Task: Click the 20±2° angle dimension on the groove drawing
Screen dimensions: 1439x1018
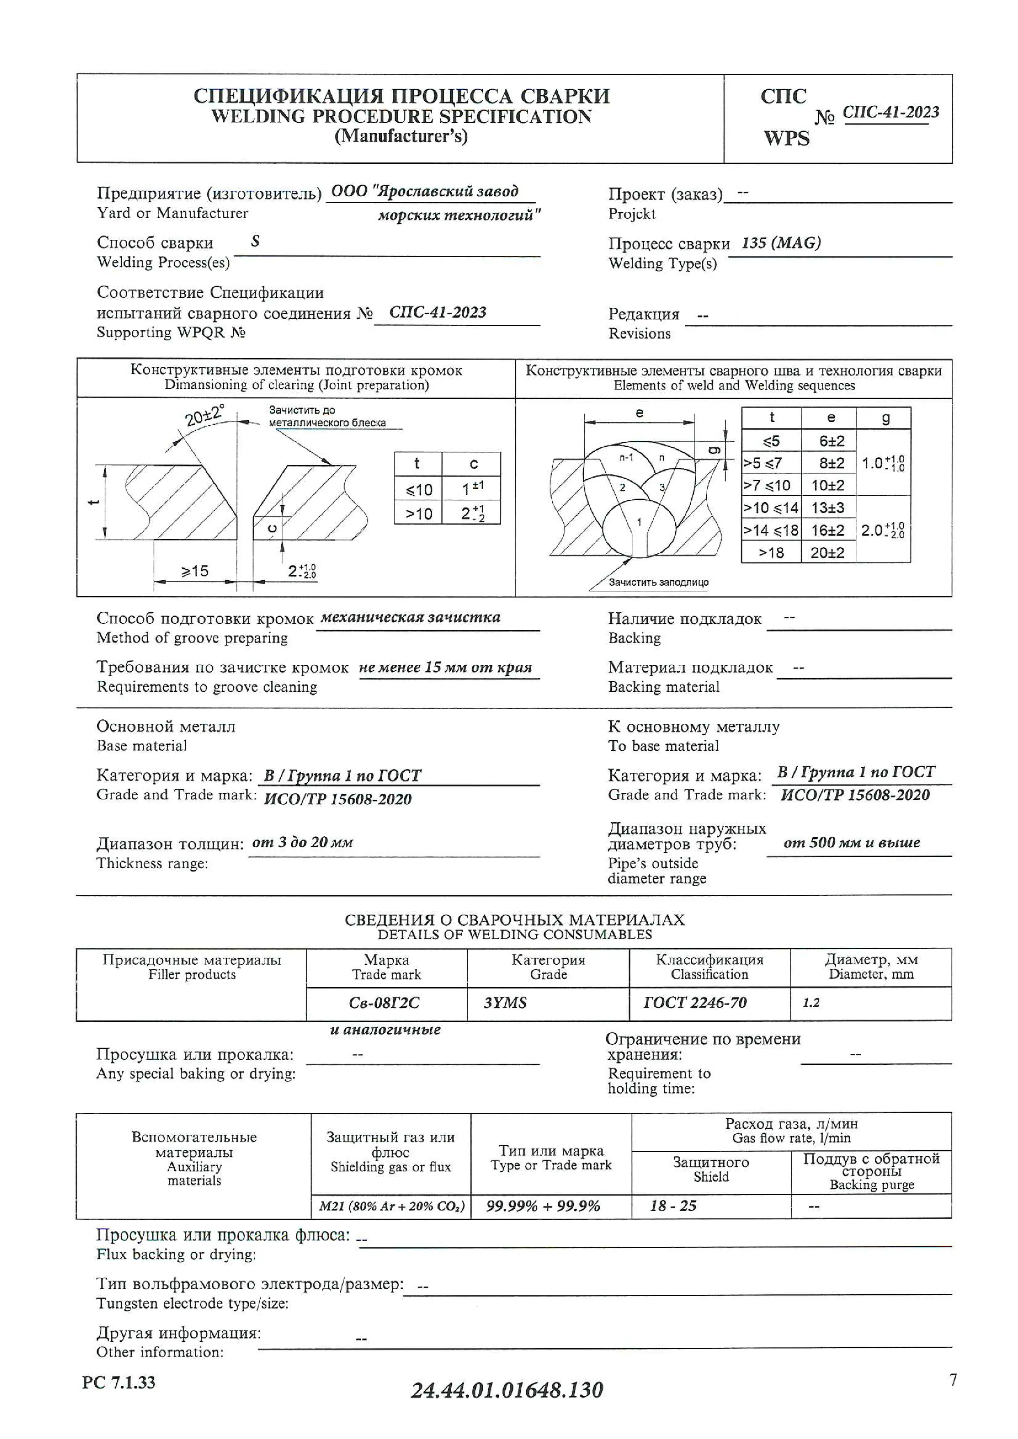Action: tap(204, 415)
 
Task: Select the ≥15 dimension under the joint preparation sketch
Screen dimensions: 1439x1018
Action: tap(195, 571)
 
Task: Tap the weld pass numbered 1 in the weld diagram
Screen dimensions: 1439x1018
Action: tap(640, 522)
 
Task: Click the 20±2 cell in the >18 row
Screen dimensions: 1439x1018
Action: tap(828, 553)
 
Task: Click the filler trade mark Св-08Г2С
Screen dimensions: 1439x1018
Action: tap(384, 1003)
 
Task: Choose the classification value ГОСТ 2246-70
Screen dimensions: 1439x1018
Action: tap(695, 1003)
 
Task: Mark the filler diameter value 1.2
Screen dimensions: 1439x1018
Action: tap(811, 1003)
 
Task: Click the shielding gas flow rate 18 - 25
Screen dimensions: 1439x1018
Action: tap(673, 1206)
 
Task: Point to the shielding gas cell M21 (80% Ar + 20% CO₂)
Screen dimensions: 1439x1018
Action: tap(392, 1206)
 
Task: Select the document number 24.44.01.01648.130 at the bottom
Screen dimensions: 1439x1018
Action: tap(507, 1390)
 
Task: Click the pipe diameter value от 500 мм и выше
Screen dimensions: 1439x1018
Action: tap(852, 842)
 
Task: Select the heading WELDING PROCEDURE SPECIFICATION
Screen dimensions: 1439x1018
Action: tap(401, 117)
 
